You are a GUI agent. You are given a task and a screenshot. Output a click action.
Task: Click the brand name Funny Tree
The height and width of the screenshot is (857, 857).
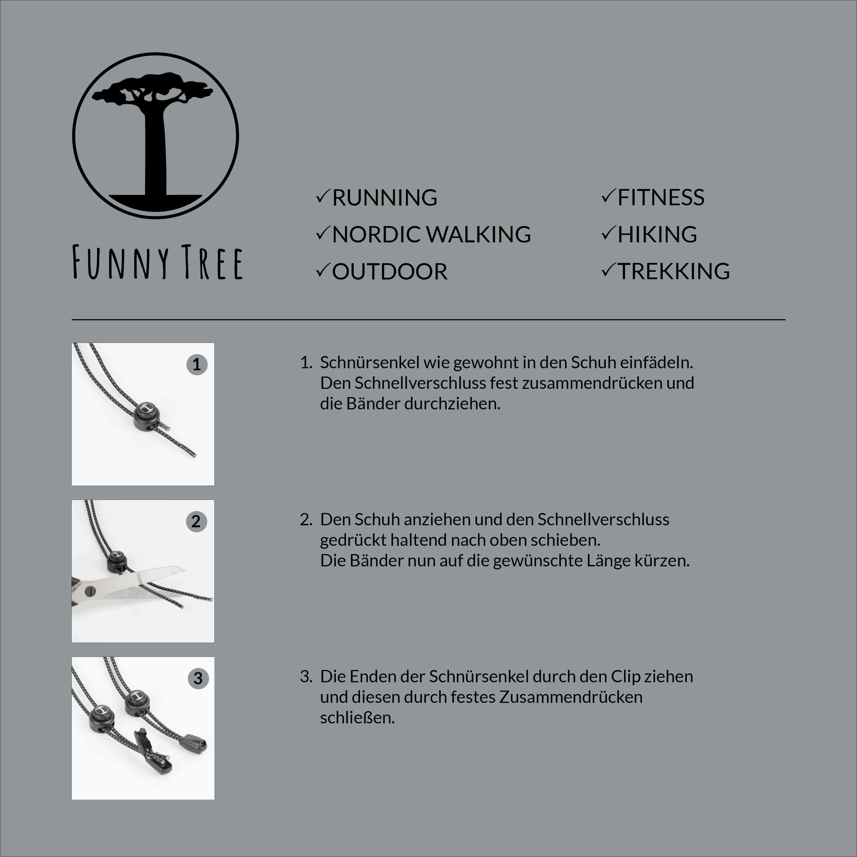[x=158, y=263]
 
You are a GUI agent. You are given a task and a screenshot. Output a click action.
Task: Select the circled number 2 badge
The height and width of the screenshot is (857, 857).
[x=196, y=521]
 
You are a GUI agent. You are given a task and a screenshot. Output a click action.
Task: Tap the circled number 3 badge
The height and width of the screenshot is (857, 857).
[x=198, y=678]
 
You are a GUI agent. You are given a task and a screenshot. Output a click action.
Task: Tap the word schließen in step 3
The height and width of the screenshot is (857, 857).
[x=357, y=718]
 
